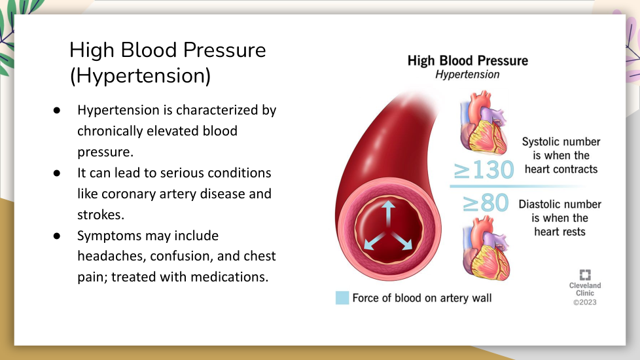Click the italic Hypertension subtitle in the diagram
[467, 74]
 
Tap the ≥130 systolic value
[484, 170]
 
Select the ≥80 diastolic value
[486, 203]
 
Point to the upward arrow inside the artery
[388, 213]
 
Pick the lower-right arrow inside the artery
[402, 241]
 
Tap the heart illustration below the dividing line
[486, 248]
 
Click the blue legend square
[342, 298]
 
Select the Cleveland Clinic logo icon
[585, 275]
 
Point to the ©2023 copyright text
[585, 302]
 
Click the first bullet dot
[57, 110]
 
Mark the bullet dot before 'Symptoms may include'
[57, 236]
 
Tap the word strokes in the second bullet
[100, 215]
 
